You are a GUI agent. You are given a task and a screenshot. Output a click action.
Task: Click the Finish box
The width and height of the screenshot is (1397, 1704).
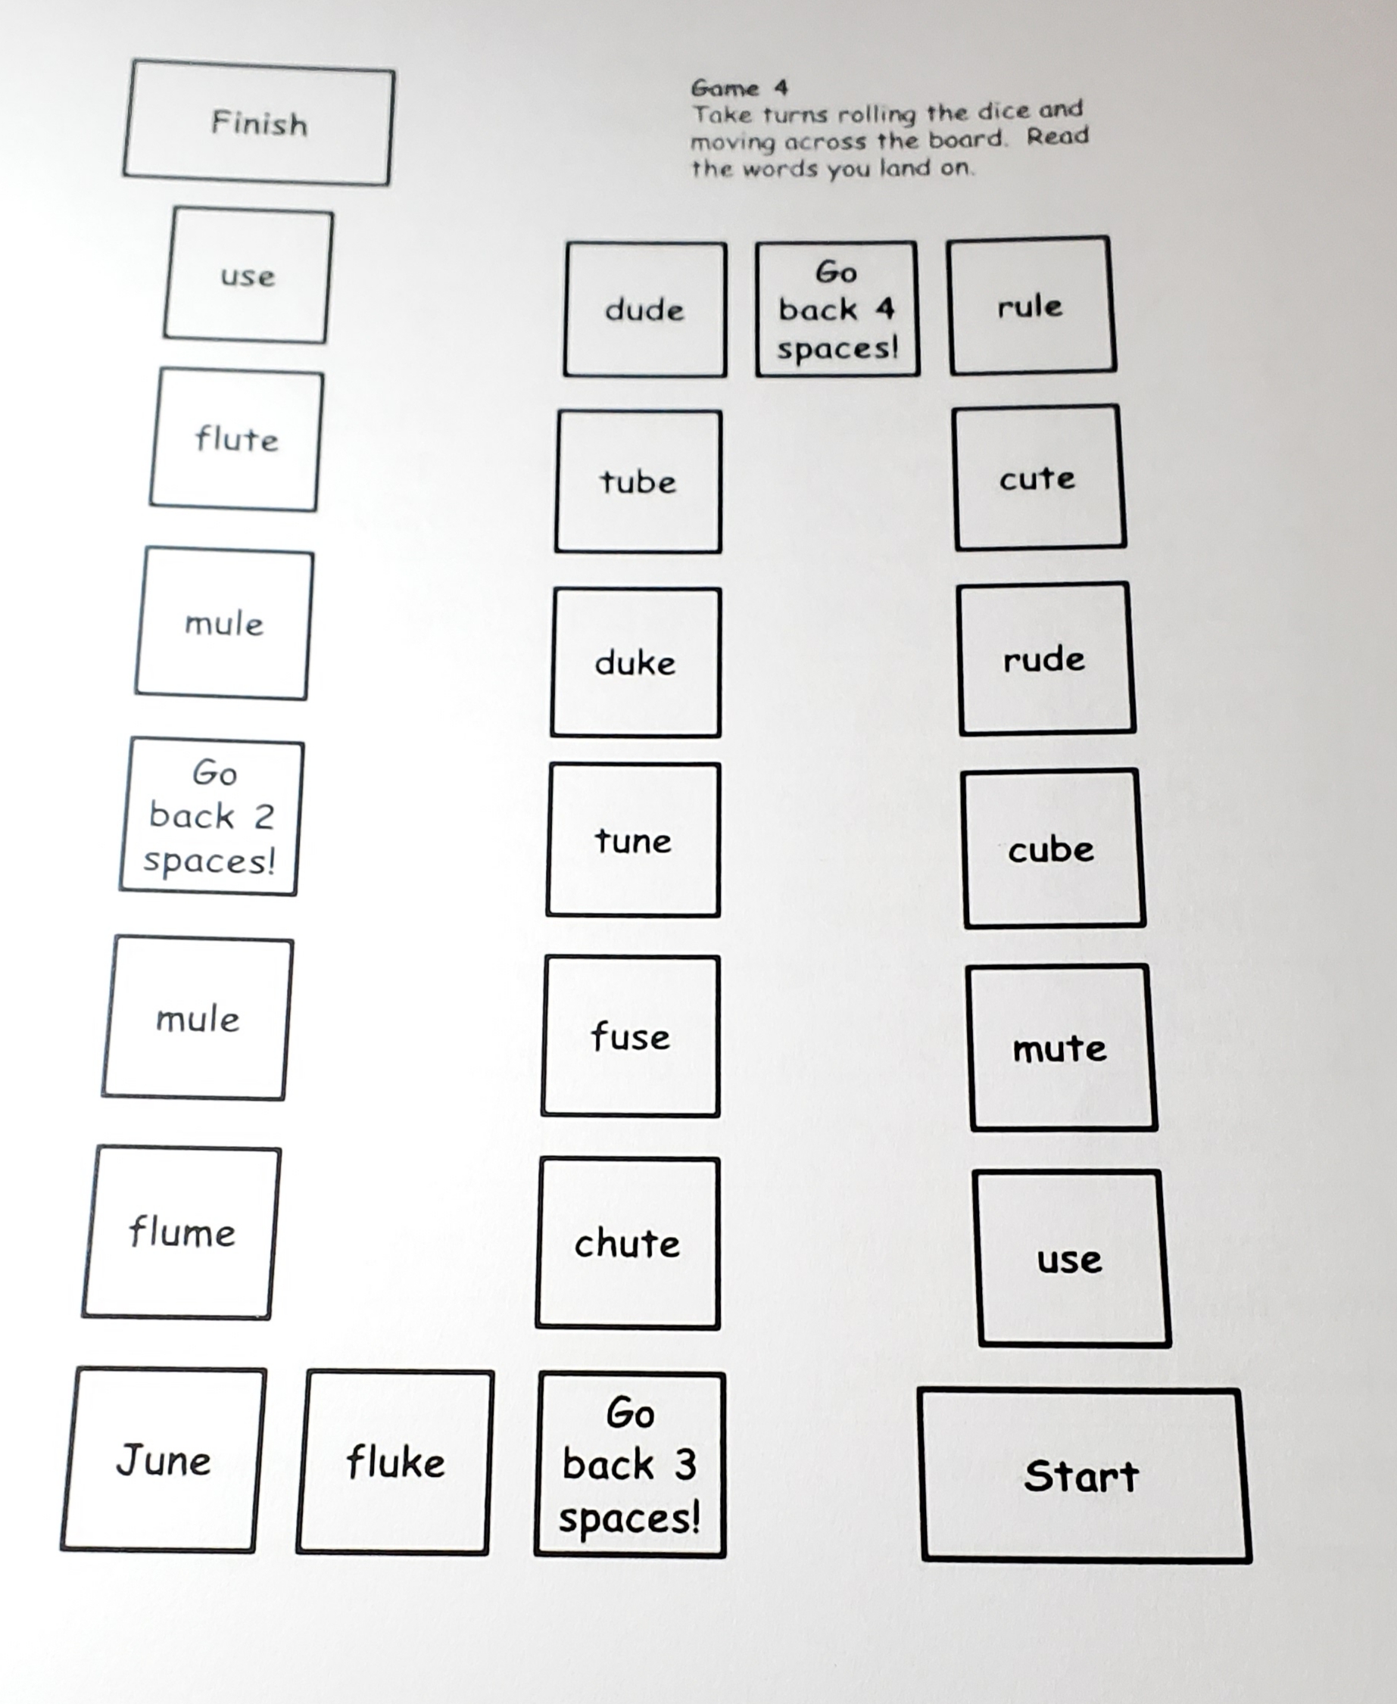click(x=258, y=123)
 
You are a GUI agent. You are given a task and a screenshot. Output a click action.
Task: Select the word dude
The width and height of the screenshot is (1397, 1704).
click(x=644, y=310)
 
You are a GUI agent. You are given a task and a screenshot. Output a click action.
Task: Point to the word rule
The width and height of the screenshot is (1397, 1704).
click(x=1030, y=306)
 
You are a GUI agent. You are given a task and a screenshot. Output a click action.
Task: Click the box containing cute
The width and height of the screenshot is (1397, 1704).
click(x=1039, y=478)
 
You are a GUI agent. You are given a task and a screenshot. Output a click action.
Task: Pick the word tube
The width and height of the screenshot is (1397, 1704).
click(x=638, y=481)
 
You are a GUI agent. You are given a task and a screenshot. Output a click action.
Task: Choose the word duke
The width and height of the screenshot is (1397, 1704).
click(x=635, y=663)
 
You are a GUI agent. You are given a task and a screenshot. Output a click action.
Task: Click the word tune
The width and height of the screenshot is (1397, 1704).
click(x=632, y=841)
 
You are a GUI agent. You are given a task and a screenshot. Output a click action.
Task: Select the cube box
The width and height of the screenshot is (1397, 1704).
click(x=1052, y=849)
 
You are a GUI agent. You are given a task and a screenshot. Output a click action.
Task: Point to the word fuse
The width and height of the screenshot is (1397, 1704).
click(x=630, y=1036)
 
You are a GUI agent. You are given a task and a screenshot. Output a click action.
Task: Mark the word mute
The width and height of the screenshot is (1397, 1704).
click(x=1061, y=1048)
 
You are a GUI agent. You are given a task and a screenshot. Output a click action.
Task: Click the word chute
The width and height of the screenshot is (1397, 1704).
click(x=627, y=1244)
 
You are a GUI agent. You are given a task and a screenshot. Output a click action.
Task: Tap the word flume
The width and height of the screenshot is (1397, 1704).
click(x=182, y=1232)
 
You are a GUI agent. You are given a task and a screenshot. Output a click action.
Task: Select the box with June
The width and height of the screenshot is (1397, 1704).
click(x=164, y=1460)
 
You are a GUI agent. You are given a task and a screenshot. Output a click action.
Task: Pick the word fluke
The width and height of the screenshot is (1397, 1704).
click(x=395, y=1462)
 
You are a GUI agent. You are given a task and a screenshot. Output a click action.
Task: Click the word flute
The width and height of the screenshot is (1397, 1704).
click(x=236, y=439)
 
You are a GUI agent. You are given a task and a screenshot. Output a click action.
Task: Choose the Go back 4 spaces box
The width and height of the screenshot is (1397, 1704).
click(x=837, y=310)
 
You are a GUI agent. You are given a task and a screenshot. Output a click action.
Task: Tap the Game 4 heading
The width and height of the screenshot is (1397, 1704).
click(x=740, y=88)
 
